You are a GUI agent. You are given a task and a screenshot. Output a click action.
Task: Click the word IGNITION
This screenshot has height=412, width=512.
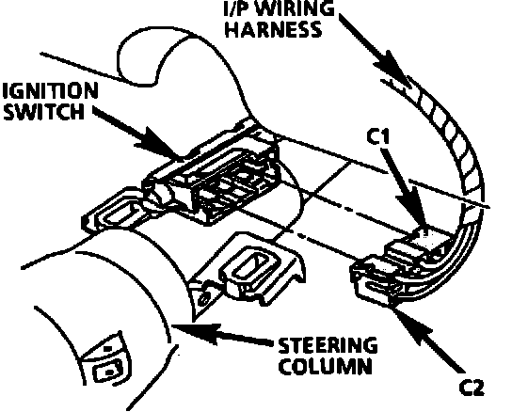[x=51, y=90]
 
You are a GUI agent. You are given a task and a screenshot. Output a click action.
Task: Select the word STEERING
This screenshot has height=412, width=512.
[x=328, y=345]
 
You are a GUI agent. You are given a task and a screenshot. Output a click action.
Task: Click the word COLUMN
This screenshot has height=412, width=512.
[x=326, y=366]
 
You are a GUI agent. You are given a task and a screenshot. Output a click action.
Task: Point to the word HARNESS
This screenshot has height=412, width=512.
[x=274, y=29]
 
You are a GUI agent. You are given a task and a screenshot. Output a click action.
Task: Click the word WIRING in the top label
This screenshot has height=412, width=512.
[x=296, y=8]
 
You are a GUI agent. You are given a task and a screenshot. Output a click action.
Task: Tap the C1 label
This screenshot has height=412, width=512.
[x=378, y=136]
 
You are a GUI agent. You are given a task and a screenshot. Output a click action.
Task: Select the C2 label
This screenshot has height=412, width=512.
[x=472, y=388]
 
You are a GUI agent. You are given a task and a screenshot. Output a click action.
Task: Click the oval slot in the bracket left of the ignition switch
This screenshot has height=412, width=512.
[x=120, y=214]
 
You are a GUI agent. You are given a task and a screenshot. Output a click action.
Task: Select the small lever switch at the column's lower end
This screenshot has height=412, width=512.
[x=106, y=361]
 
